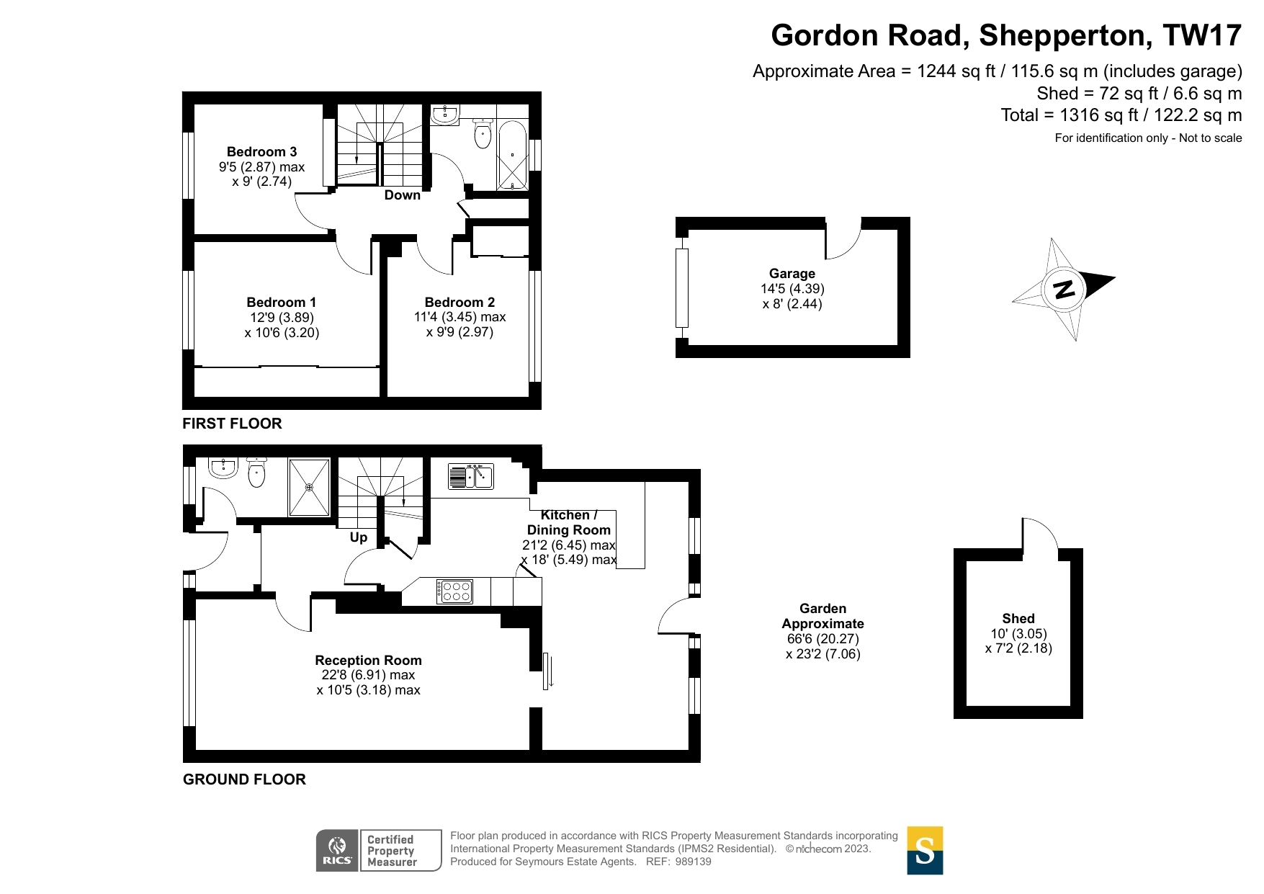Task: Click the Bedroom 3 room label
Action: coord(261,152)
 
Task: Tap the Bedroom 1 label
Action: coord(281,303)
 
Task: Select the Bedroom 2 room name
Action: coord(460,303)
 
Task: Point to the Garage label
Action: coord(792,274)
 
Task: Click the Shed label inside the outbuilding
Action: coord(1018,619)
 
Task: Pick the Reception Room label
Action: coord(368,661)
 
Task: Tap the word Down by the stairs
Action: coord(402,195)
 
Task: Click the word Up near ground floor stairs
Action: coord(359,537)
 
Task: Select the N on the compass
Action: coord(1064,290)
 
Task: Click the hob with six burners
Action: coord(454,591)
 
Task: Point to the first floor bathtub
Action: coord(512,156)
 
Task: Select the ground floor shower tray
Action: coord(309,487)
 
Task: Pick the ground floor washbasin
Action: coord(223,468)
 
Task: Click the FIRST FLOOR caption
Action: coord(232,424)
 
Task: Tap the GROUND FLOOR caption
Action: coord(244,779)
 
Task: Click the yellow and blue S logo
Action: coord(925,851)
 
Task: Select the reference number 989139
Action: coord(694,862)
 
